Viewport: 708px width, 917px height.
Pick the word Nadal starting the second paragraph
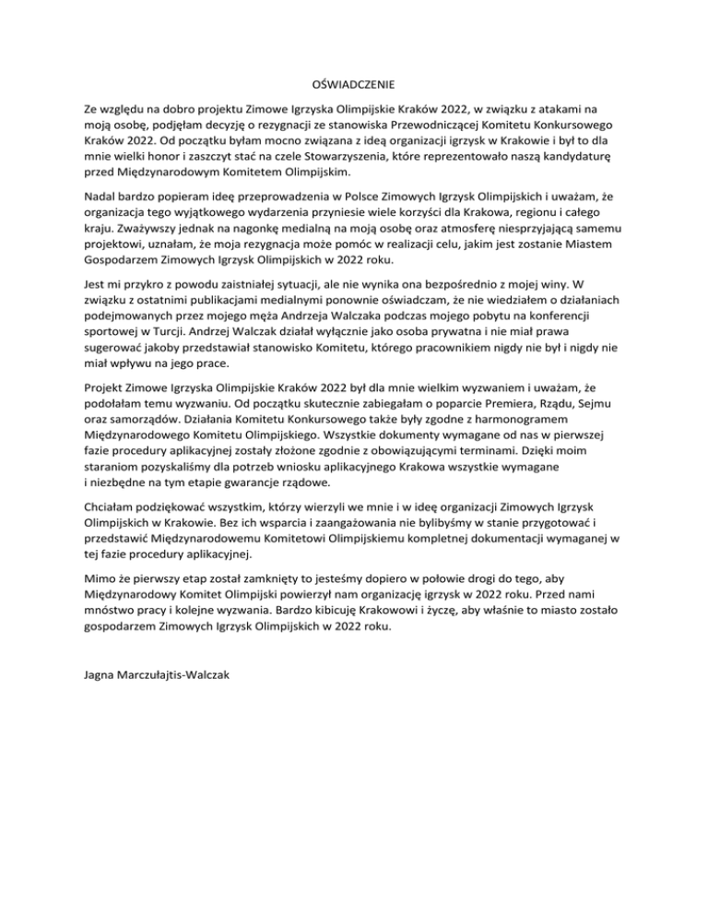click(x=100, y=196)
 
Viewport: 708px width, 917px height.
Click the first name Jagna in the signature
click(x=100, y=674)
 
